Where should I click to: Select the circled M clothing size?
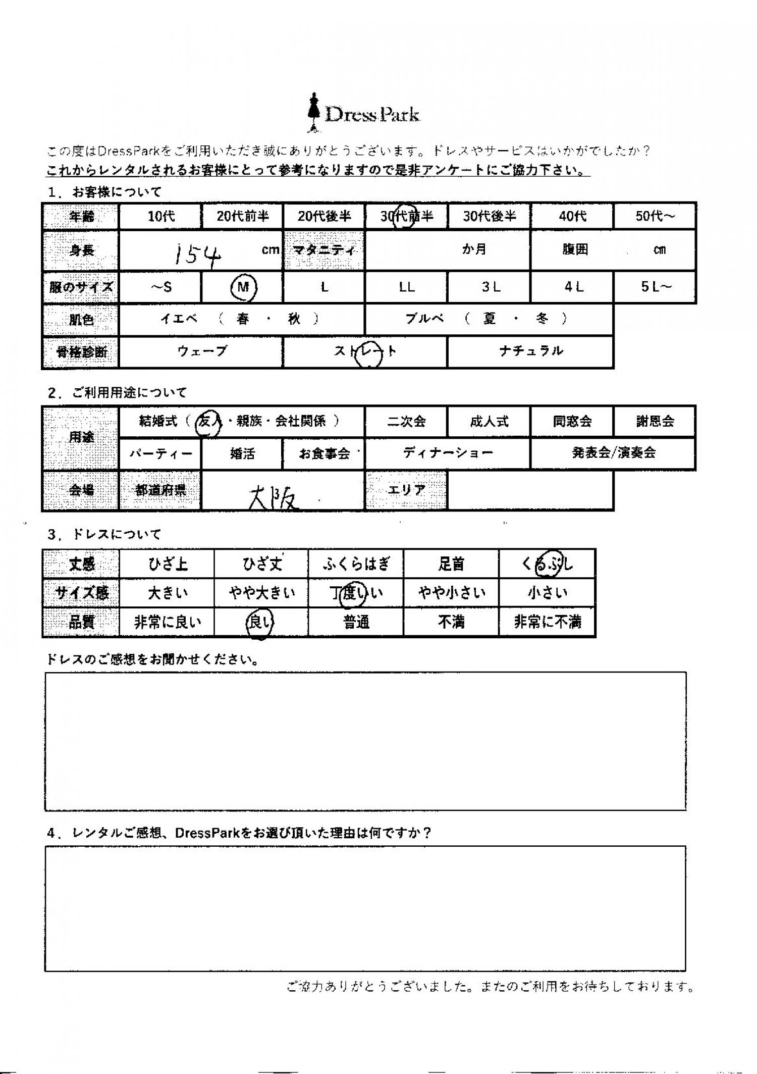(243, 287)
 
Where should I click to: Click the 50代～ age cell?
(655, 217)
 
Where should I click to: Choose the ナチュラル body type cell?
(530, 351)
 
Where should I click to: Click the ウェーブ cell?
(202, 351)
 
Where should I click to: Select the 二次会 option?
(406, 422)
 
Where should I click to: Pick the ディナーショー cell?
(448, 453)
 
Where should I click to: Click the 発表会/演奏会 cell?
(613, 453)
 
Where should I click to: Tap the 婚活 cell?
(242, 454)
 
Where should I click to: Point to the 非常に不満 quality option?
(548, 622)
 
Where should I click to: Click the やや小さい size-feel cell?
(451, 593)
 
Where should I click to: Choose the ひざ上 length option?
(168, 564)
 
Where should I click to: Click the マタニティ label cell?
(325, 250)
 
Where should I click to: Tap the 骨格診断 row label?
(81, 351)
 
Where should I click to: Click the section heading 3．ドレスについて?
(103, 534)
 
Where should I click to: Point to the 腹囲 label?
(575, 250)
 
